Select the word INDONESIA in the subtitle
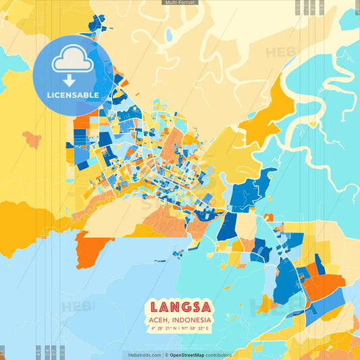193,319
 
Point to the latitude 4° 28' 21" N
164,328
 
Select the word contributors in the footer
219,355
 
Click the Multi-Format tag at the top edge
180,3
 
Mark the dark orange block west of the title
92,250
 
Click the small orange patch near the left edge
32,140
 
